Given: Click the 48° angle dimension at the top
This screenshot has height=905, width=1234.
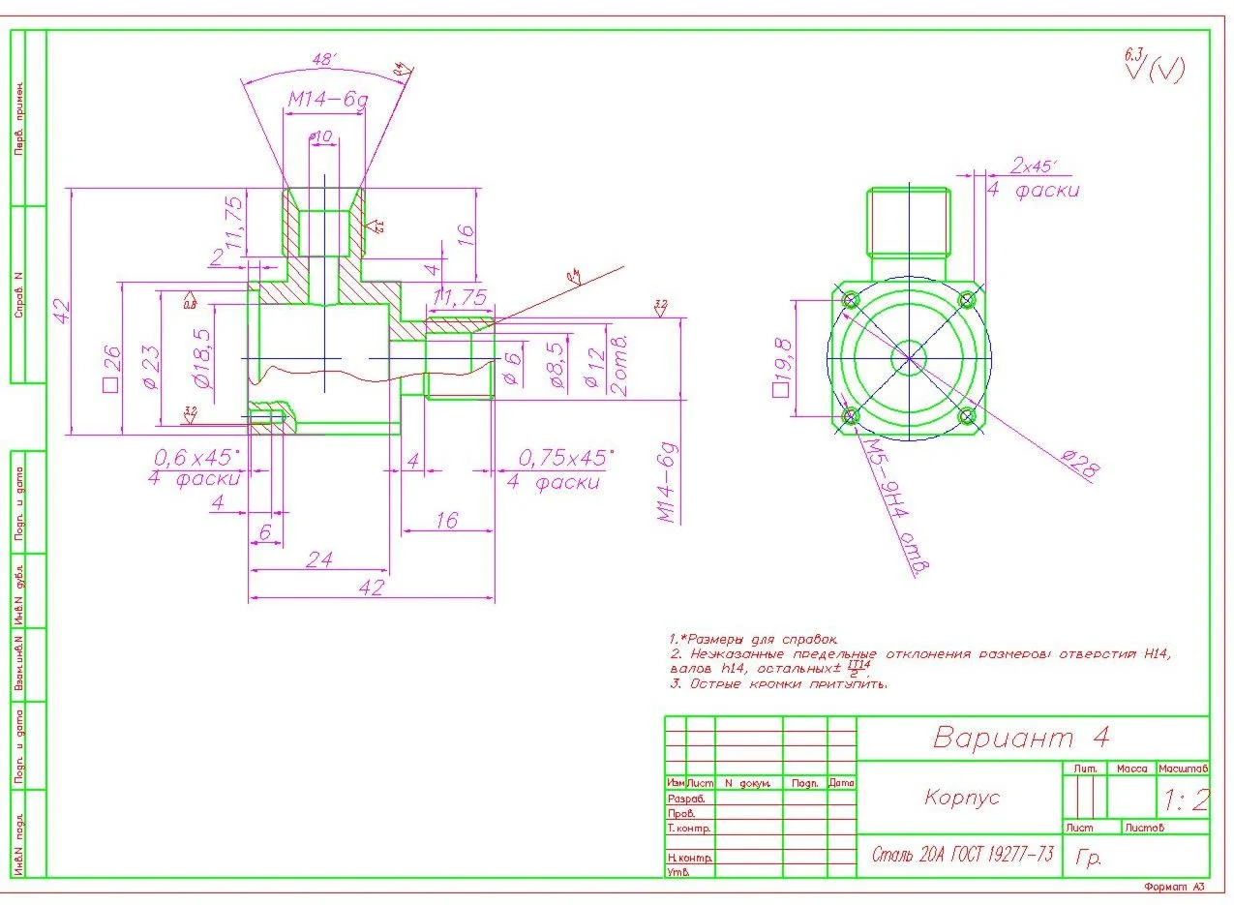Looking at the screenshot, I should point(323,60).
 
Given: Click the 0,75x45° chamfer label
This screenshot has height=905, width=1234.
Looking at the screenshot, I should point(565,457).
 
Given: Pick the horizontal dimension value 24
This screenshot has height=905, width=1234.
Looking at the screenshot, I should point(319,558).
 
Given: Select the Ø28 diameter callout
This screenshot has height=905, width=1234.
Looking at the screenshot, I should point(1080,466).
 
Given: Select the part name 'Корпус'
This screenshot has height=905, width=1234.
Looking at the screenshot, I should point(961,798).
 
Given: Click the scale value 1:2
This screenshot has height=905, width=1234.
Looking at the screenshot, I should point(1187,800).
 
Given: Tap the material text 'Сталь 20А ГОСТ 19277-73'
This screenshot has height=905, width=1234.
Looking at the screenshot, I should point(962,855).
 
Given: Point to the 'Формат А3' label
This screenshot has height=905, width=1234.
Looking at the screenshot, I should point(1173,887).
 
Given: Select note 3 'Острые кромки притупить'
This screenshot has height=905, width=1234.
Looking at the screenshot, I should point(779,683).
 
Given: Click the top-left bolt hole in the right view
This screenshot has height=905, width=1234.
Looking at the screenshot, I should point(852,301).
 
